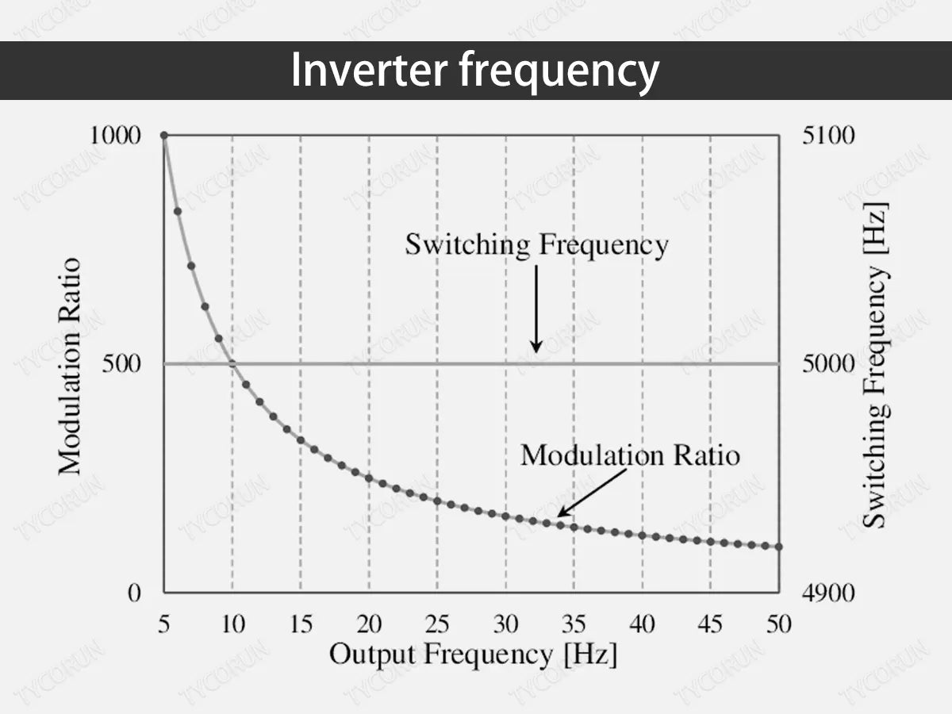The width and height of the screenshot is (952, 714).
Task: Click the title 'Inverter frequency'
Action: click(474, 71)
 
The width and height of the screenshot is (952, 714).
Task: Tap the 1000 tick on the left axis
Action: click(115, 136)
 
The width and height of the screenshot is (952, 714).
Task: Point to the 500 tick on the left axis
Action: click(122, 364)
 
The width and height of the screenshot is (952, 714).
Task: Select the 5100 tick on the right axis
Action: click(829, 136)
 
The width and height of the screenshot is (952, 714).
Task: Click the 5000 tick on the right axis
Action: click(829, 364)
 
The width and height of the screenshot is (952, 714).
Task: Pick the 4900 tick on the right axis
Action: click(829, 593)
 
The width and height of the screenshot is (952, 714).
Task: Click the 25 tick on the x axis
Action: click(437, 624)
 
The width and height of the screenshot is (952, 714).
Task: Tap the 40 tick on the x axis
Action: click(642, 624)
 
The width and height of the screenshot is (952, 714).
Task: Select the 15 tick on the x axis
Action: click(301, 624)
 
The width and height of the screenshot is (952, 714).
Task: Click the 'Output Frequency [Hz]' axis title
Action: click(472, 655)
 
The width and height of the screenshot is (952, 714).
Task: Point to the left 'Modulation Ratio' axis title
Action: click(71, 365)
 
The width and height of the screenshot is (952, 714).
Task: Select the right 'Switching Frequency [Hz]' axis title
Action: click(875, 365)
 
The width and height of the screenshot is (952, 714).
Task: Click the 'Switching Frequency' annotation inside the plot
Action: click(536, 244)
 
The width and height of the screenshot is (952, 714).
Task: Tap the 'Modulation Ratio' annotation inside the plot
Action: click(630, 455)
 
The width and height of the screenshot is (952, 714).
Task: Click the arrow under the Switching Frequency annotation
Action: click(536, 309)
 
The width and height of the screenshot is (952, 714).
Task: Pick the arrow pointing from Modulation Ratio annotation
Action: click(591, 493)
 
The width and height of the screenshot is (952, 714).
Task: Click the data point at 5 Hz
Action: click(164, 136)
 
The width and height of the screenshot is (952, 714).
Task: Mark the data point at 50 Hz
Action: click(778, 547)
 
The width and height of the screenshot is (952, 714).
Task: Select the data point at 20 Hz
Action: click(369, 478)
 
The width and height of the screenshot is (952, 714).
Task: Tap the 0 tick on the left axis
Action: click(134, 593)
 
